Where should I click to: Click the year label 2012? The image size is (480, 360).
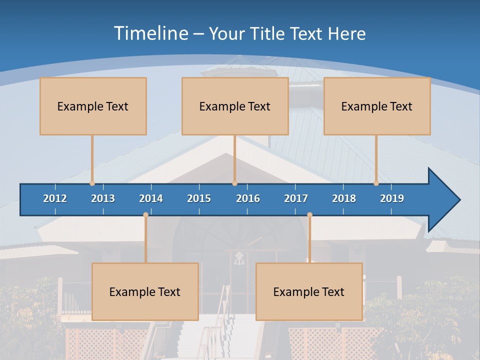(55, 198)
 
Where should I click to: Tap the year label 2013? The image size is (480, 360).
(103, 198)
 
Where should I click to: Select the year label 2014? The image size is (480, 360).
(151, 198)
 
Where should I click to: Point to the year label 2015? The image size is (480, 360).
(199, 198)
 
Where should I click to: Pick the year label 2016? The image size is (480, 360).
(248, 198)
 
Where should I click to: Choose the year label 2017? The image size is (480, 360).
(296, 198)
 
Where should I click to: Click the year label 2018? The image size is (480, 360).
(344, 198)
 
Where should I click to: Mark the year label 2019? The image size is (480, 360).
(392, 198)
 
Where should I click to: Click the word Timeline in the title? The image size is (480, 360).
(150, 33)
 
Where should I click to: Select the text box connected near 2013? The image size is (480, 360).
(93, 106)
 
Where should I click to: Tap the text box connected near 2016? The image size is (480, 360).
(235, 106)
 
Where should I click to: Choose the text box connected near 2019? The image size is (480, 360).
(377, 106)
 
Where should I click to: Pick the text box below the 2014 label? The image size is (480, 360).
(145, 291)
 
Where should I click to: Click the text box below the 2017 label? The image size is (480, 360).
(309, 291)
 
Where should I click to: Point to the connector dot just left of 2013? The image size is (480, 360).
(92, 183)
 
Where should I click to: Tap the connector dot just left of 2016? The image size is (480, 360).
(234, 183)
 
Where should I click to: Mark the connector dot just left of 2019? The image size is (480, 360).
(376, 183)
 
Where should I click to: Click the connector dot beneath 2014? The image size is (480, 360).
(145, 215)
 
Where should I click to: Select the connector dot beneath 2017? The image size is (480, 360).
(309, 215)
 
